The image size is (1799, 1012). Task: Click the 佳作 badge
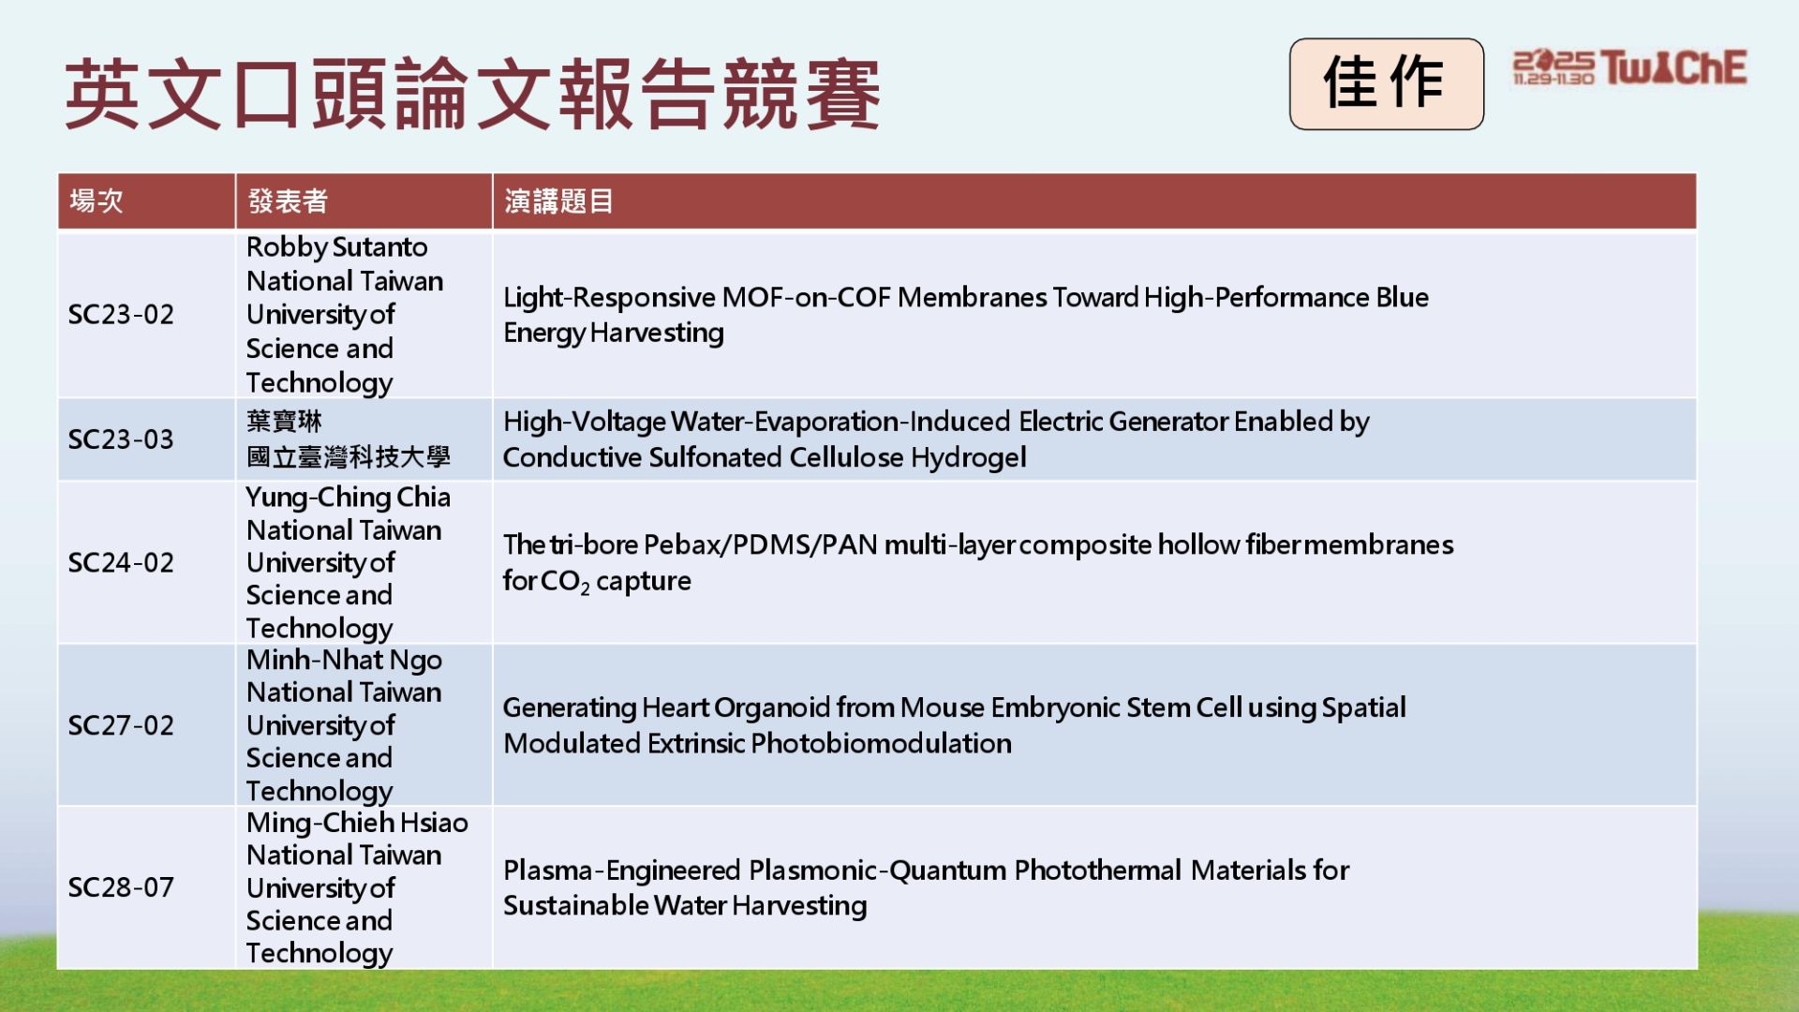[x=1386, y=83]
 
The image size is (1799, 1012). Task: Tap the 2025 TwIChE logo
[x=1629, y=67]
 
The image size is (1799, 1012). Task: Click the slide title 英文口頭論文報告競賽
[x=472, y=93]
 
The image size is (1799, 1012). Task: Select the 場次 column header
[x=97, y=201]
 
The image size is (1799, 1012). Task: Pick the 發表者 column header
[x=288, y=201]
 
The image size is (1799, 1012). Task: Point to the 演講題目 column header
[x=558, y=201]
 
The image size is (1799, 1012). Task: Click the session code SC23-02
[x=121, y=314]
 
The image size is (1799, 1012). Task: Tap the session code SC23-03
[x=121, y=439]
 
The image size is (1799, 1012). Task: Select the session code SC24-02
[x=121, y=562]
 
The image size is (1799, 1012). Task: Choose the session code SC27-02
[x=121, y=725]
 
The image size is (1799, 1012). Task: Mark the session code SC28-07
[x=121, y=887]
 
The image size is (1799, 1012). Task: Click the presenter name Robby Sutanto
[x=337, y=247]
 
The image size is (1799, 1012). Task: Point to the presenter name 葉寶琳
[x=284, y=422]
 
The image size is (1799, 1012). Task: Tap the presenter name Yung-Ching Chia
[x=349, y=498]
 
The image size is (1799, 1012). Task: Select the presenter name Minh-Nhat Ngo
[x=344, y=661]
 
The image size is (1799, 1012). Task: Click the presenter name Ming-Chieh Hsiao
[x=357, y=823]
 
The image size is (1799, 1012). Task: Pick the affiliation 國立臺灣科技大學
[x=349, y=457]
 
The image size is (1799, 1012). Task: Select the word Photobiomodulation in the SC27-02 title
[x=882, y=743]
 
